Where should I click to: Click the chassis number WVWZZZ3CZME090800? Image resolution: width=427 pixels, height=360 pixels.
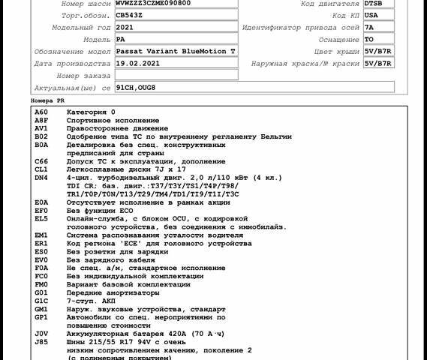click(153, 4)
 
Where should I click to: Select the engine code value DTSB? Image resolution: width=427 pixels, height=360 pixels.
click(373, 4)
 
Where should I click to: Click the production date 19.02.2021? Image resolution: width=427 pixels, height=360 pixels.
click(138, 64)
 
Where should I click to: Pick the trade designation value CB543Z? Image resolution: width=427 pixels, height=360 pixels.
click(129, 15)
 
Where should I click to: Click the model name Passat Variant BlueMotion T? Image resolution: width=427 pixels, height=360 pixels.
click(176, 51)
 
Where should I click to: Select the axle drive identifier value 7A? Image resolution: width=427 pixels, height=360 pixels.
click(369, 27)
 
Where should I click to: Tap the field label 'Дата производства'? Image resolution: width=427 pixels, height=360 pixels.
click(73, 64)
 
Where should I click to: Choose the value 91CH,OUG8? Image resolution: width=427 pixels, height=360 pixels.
click(136, 88)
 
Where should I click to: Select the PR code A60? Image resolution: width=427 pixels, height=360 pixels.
click(41, 112)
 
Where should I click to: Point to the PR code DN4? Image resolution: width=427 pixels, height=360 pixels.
click(41, 178)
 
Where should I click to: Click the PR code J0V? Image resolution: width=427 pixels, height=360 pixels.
click(41, 333)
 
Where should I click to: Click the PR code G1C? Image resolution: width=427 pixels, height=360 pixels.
click(41, 300)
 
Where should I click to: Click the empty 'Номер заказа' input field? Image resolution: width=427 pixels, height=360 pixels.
click(176, 75)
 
